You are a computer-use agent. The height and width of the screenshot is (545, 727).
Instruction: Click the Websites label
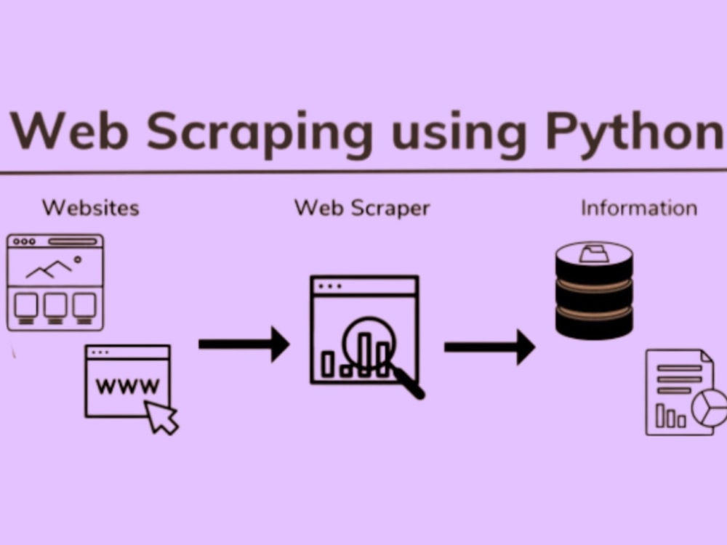click(x=90, y=208)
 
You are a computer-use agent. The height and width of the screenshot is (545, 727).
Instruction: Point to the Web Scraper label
click(x=362, y=208)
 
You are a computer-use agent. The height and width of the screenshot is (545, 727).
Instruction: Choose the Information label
click(x=639, y=208)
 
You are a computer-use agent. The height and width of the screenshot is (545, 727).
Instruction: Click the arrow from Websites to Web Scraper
click(x=244, y=344)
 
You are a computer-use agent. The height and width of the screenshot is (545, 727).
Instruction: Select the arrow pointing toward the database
click(x=489, y=347)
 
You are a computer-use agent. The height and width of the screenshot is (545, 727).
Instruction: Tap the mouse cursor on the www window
click(x=161, y=416)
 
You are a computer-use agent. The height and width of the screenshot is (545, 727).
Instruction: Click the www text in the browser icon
click(x=127, y=386)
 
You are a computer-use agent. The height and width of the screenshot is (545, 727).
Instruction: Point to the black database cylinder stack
click(x=594, y=291)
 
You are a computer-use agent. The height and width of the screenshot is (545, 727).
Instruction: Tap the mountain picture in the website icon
click(x=49, y=269)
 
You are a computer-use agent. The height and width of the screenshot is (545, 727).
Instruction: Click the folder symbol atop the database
click(x=594, y=254)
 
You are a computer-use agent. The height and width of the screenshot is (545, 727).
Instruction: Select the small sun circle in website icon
click(x=78, y=259)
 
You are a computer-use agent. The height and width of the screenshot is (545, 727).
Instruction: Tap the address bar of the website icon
click(x=73, y=241)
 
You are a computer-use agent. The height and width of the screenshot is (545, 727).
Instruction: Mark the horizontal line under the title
click(x=363, y=171)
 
